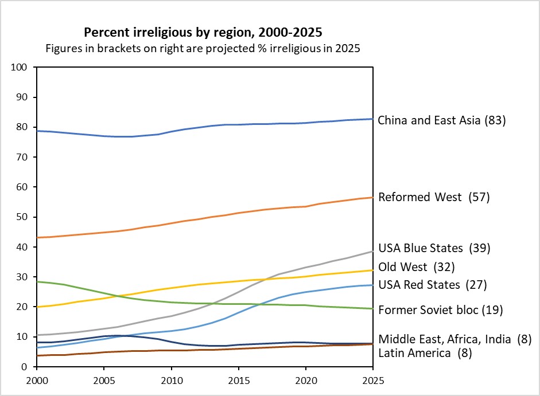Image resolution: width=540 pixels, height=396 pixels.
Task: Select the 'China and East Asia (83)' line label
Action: pyautogui.click(x=441, y=121)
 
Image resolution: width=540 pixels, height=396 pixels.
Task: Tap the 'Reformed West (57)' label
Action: pyautogui.click(x=433, y=197)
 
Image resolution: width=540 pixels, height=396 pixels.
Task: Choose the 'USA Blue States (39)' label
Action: pyautogui.click(x=434, y=248)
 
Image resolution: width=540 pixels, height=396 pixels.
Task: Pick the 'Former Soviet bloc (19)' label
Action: pyautogui.click(x=440, y=310)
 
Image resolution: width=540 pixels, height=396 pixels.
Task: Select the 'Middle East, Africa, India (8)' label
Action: pyautogui.click(x=454, y=339)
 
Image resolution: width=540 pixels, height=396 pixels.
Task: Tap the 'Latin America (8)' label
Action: pyautogui.click(x=425, y=353)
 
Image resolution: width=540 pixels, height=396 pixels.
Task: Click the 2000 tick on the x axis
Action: pyautogui.click(x=37, y=379)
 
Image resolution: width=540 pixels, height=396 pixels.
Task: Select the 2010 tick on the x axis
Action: pyautogui.click(x=171, y=379)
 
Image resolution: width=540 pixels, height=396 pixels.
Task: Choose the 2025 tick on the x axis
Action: pyautogui.click(x=373, y=379)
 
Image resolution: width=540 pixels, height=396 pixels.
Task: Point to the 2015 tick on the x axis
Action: pyautogui.click(x=238, y=379)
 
